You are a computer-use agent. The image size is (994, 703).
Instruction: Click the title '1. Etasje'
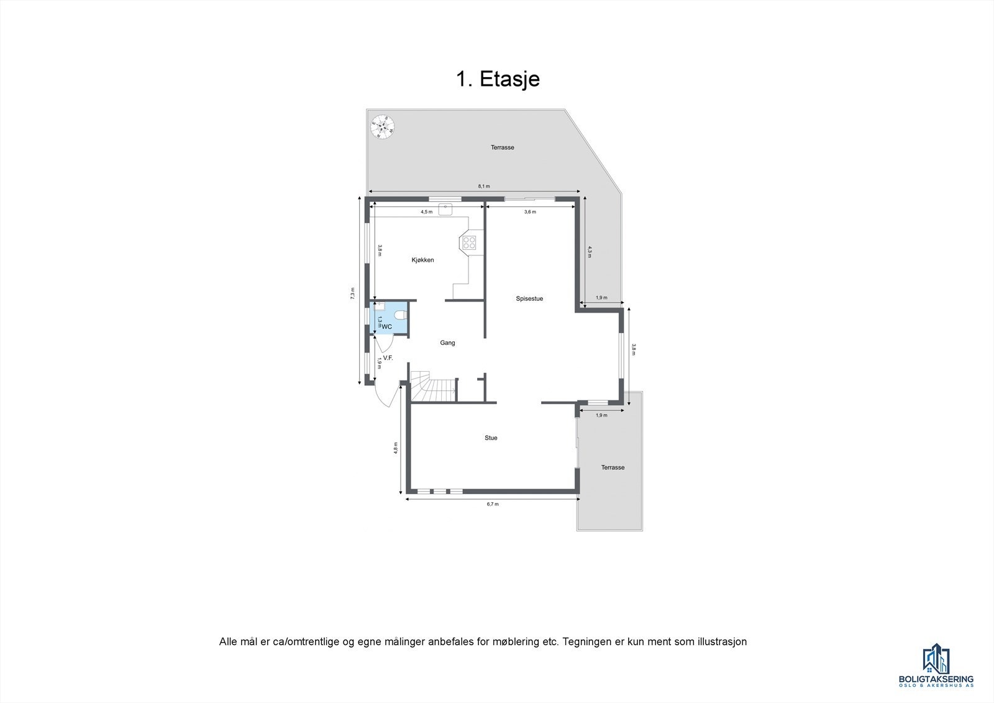[498, 80]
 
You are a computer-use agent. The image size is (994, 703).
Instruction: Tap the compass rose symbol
[383, 127]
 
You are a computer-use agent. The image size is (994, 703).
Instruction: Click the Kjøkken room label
[422, 260]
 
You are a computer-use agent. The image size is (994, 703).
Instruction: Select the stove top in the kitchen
[469, 242]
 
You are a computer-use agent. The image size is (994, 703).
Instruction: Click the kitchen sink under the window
[445, 209]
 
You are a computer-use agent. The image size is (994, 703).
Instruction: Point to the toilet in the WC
[399, 315]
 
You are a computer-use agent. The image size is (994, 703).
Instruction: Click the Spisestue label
[529, 298]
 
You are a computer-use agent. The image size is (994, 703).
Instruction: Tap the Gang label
[447, 342]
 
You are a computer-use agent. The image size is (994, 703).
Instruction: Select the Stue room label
[491, 438]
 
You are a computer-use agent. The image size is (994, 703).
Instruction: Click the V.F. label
[388, 358]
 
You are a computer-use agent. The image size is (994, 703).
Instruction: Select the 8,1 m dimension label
[484, 186]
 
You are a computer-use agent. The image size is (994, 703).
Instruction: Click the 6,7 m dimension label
[492, 504]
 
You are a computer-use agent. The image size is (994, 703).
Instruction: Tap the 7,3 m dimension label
[352, 293]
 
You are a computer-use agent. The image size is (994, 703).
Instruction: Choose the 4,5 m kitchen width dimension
[426, 212]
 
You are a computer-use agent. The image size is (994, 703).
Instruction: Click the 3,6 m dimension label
[530, 212]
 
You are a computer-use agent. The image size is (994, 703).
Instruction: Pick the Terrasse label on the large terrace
[502, 147]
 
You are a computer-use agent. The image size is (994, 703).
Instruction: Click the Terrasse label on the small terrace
[613, 467]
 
